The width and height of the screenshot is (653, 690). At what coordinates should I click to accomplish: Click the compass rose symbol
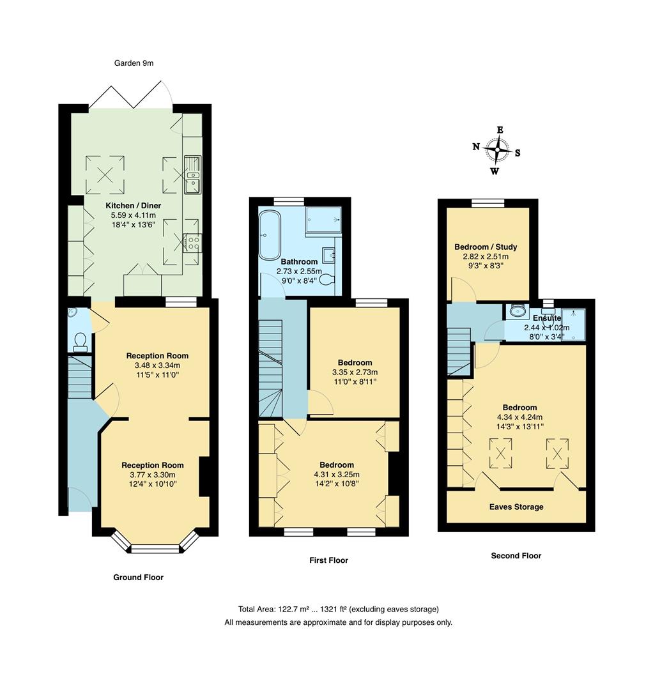point(496,151)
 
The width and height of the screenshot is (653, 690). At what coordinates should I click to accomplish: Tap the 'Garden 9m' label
point(134,63)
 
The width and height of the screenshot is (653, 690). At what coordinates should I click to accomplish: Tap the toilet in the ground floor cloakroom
point(80,342)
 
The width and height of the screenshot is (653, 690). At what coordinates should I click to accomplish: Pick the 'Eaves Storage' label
point(516,507)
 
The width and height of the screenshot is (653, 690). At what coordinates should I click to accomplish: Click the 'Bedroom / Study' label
point(486,247)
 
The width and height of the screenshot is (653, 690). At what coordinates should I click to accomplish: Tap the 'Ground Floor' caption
point(138,578)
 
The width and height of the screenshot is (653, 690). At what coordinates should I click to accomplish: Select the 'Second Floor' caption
point(516,556)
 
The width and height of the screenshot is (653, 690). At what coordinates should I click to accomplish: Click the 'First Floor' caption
point(328,560)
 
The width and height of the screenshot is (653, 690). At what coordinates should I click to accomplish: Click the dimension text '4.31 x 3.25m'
point(337,475)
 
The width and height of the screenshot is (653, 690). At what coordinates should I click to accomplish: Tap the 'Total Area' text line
point(338,609)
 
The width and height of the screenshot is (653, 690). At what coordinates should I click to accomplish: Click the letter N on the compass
point(476,146)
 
